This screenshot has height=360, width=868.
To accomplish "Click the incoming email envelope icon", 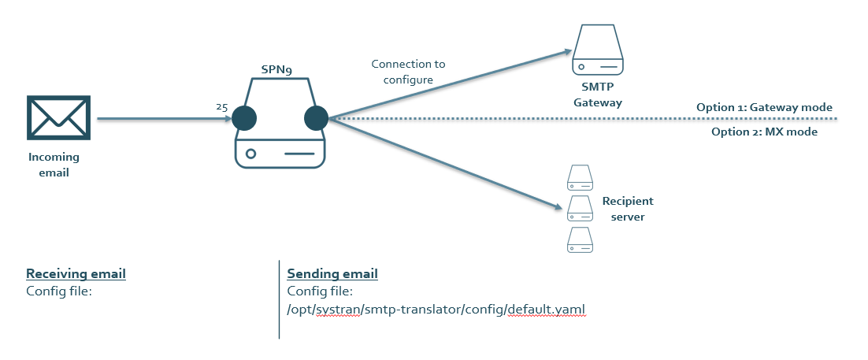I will pyautogui.click(x=59, y=118).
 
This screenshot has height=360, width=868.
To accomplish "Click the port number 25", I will pyautogui.click(x=221, y=106).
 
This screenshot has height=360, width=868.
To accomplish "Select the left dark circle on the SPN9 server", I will pyautogui.click(x=244, y=119).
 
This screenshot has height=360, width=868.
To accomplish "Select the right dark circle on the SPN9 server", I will pyautogui.click(x=316, y=119).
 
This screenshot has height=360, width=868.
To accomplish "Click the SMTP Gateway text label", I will pyautogui.click(x=597, y=95).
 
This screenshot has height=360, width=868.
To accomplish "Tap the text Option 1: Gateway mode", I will pyautogui.click(x=764, y=107).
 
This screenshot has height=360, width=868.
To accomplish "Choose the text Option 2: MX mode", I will pyautogui.click(x=764, y=132).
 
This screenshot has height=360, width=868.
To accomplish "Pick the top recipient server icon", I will pyautogui.click(x=579, y=177).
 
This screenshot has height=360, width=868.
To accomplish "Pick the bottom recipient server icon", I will pyautogui.click(x=579, y=240).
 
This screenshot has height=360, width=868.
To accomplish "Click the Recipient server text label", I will pyautogui.click(x=628, y=209).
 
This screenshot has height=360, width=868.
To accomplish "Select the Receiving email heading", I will pyautogui.click(x=76, y=274).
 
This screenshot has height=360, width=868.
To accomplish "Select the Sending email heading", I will pyautogui.click(x=332, y=274).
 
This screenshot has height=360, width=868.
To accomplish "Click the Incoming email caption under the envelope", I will pyautogui.click(x=54, y=165).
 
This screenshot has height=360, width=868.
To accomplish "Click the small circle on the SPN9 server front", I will pyautogui.click(x=250, y=154).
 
